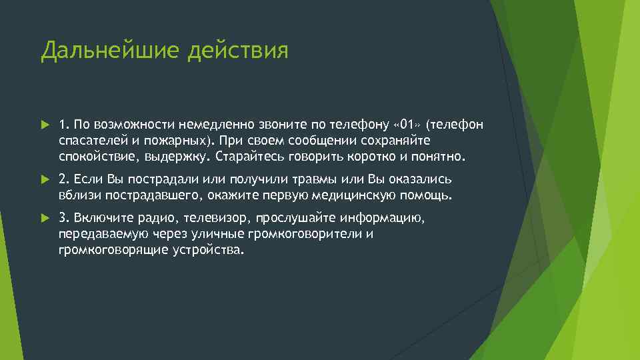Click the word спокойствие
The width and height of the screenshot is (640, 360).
(x=94, y=157)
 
